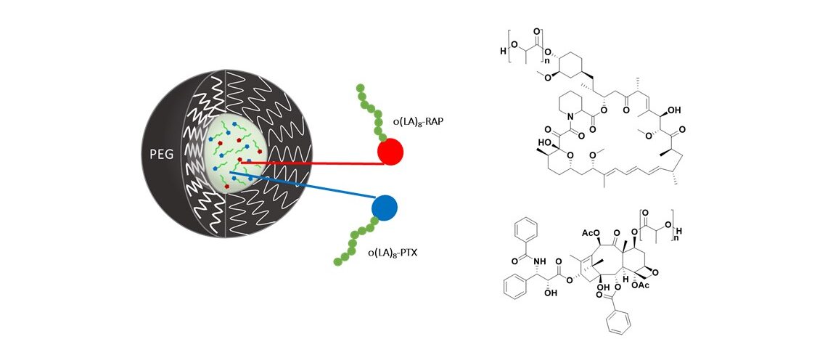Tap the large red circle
coord(390,152)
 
